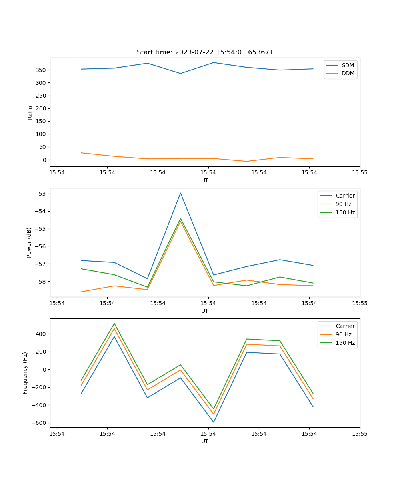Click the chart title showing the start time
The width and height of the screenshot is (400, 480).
[205, 52]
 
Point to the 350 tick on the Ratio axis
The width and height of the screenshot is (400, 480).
[42, 70]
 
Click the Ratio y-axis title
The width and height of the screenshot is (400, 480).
[30, 112]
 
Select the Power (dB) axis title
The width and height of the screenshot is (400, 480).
[29, 242]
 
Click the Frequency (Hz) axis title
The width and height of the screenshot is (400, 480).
[25, 373]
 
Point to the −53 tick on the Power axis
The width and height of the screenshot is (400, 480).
[41, 194]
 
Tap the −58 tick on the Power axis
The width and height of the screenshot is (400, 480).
[41, 281]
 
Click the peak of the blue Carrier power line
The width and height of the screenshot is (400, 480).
[180, 193]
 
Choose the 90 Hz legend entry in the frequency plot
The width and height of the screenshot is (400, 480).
[344, 334]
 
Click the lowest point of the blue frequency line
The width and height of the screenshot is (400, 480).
[214, 422]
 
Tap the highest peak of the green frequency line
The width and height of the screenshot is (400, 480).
[114, 324]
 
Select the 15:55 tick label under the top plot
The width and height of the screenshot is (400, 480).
[360, 173]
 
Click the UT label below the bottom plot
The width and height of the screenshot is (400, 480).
[205, 441]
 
